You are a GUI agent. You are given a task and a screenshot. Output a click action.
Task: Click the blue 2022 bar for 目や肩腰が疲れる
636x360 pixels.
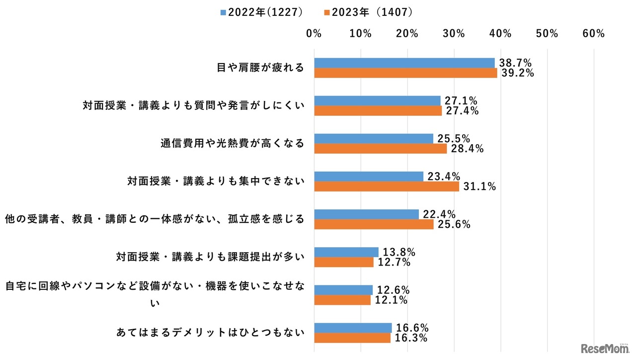(x=404, y=63)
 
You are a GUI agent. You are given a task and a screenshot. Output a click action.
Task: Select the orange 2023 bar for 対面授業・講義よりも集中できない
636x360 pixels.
(x=387, y=186)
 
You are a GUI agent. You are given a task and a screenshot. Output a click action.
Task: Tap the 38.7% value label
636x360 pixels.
(x=515, y=63)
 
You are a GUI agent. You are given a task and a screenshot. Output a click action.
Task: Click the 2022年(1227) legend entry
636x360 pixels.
(x=261, y=11)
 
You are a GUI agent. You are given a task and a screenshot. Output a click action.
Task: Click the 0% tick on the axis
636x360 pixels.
(x=314, y=33)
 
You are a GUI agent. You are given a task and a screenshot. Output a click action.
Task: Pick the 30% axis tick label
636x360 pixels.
(x=454, y=33)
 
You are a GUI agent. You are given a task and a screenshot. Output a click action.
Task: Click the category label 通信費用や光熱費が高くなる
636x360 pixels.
(x=232, y=143)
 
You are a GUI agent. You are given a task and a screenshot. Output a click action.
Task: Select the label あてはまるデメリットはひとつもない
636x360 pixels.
(x=210, y=332)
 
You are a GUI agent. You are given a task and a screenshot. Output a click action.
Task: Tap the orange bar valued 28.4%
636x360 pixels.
(x=380, y=149)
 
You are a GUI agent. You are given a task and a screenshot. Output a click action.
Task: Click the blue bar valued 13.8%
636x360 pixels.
(x=346, y=252)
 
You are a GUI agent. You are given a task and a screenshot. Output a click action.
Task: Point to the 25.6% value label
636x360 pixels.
(x=453, y=224)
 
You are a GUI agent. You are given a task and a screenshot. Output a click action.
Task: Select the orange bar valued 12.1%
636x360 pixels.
(x=342, y=300)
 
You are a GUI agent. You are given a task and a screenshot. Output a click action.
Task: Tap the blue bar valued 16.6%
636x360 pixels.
(x=353, y=328)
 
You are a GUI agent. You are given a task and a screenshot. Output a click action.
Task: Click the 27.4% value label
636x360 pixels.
(x=462, y=111)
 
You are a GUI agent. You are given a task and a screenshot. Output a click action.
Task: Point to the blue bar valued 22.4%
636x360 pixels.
(x=366, y=214)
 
